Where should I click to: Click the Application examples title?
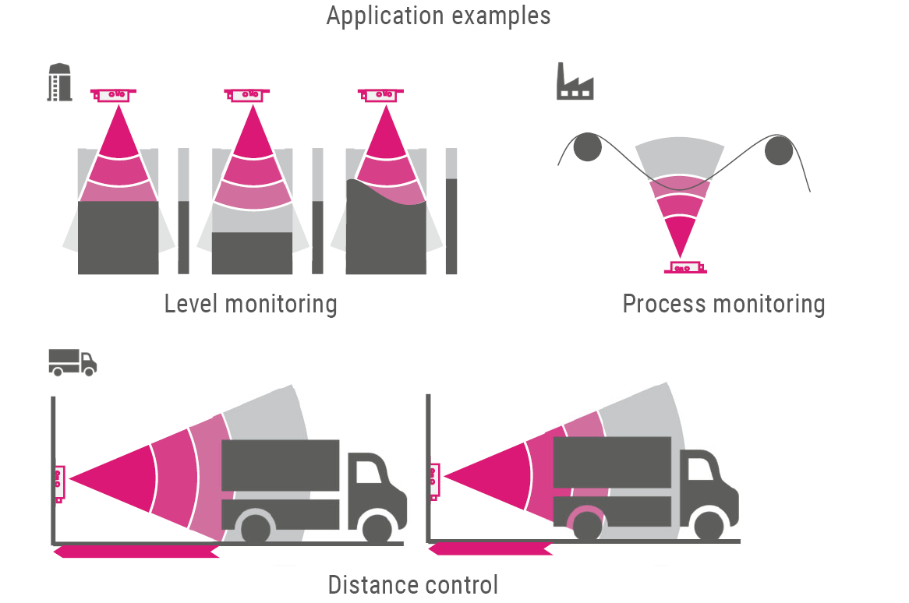438,16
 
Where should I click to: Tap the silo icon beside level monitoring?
60,82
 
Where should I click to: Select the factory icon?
575,82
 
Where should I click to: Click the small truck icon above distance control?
72,362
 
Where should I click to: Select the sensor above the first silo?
117,94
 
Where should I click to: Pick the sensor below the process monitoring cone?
684,268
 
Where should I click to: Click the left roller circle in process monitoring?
587,147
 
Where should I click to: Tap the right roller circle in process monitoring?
778,150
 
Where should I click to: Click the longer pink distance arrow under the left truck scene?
136,552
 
